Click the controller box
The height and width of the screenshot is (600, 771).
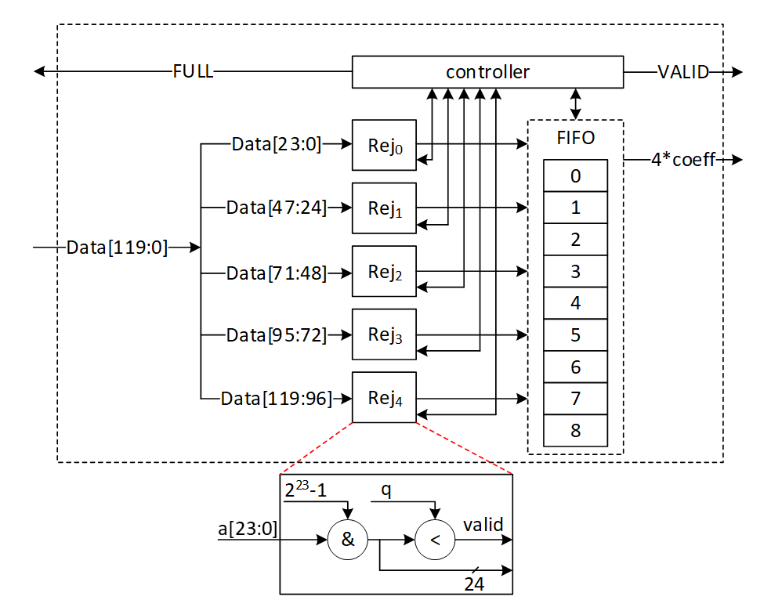click(x=487, y=72)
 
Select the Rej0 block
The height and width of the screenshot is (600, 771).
click(x=384, y=145)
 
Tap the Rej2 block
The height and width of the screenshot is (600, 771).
click(x=384, y=271)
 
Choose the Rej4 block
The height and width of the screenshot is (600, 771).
click(x=384, y=397)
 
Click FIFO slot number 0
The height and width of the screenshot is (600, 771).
click(x=575, y=176)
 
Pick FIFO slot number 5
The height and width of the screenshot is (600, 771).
click(x=575, y=335)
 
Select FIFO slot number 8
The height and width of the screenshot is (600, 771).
click(x=575, y=431)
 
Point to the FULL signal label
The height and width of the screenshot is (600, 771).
click(x=193, y=72)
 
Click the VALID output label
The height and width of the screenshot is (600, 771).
click(x=683, y=72)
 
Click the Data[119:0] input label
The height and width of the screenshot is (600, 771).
click(x=117, y=248)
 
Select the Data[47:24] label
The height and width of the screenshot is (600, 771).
click(x=276, y=208)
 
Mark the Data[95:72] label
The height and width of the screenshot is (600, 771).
click(x=276, y=334)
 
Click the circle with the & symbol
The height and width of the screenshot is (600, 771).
click(x=347, y=540)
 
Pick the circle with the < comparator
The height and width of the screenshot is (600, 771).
click(x=436, y=540)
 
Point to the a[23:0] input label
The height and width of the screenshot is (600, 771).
click(x=248, y=530)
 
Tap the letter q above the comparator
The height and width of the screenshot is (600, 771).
click(x=385, y=489)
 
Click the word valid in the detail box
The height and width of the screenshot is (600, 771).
click(x=483, y=525)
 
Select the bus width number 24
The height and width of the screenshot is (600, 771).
click(x=474, y=584)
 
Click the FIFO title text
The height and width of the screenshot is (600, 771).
click(x=575, y=139)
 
